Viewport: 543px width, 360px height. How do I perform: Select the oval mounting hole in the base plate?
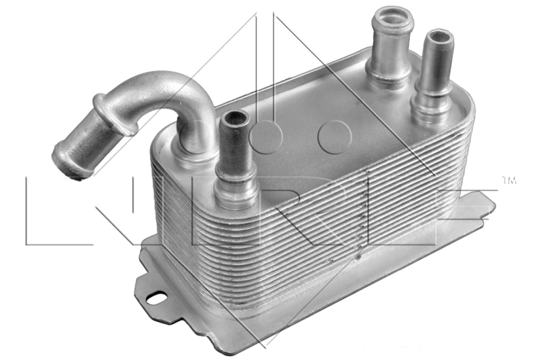click(x=157, y=297)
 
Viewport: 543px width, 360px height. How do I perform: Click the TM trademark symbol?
click(x=508, y=181)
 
